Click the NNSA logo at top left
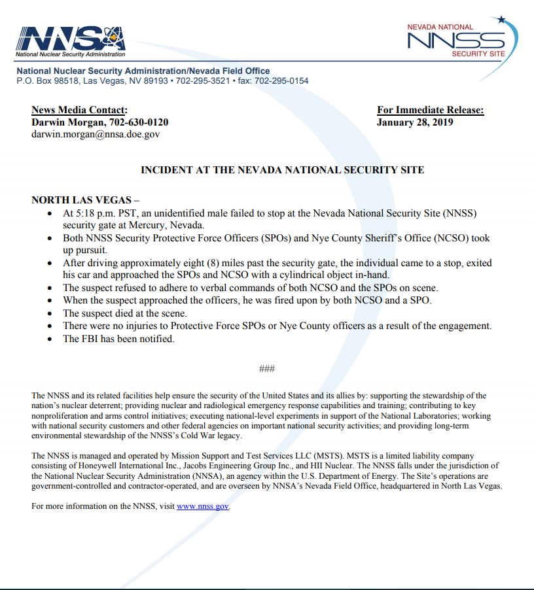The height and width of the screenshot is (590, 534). tap(71, 41)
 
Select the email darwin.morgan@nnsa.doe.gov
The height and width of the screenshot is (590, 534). tap(96, 134)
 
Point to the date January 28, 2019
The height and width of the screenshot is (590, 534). tap(415, 122)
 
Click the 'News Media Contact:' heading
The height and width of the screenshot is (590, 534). tap(79, 110)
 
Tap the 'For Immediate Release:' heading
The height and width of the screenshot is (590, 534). tap(430, 110)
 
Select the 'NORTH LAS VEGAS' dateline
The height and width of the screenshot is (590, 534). tap(81, 200)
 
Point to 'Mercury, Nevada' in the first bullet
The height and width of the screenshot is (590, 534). tap(170, 225)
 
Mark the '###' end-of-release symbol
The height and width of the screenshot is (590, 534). tap(267, 369)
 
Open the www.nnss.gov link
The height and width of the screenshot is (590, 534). tap(203, 506)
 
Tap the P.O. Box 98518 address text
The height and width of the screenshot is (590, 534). tap(47, 81)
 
